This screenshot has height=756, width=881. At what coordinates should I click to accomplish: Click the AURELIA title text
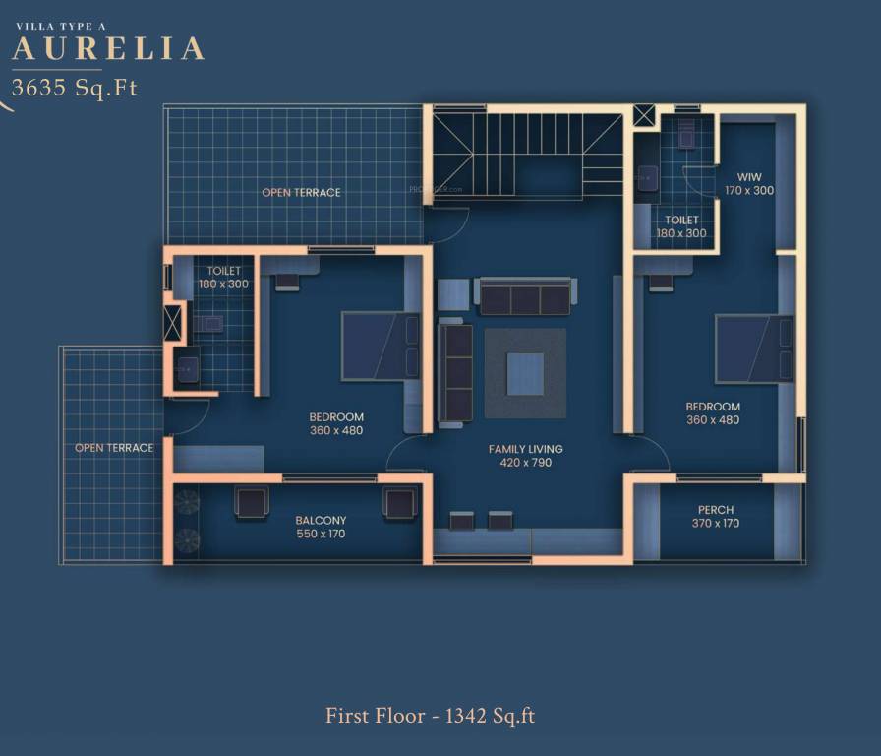coord(108,48)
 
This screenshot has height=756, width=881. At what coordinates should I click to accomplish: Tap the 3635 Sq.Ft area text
coord(74,87)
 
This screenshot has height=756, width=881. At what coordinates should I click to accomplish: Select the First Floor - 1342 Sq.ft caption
coord(430,716)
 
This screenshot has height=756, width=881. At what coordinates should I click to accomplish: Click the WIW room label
coord(749,177)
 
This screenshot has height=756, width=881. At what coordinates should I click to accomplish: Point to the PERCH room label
coord(715,510)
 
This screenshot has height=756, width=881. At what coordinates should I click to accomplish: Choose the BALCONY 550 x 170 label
coord(321,527)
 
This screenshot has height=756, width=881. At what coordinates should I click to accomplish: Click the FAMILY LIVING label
coord(525,455)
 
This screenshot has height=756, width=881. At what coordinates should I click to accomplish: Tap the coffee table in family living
coord(525,374)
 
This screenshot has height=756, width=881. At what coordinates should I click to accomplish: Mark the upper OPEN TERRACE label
coord(301,192)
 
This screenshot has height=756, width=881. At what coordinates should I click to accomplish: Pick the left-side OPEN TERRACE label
coord(114,448)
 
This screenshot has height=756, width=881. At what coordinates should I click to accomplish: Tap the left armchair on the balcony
coord(251,502)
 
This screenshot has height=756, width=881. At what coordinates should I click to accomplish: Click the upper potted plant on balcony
coord(187,502)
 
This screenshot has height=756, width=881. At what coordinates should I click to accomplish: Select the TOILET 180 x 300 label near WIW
coord(681,226)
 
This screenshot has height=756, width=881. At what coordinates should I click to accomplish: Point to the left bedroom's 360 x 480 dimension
coord(336,430)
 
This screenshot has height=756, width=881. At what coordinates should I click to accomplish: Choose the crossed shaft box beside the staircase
coord(643,116)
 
